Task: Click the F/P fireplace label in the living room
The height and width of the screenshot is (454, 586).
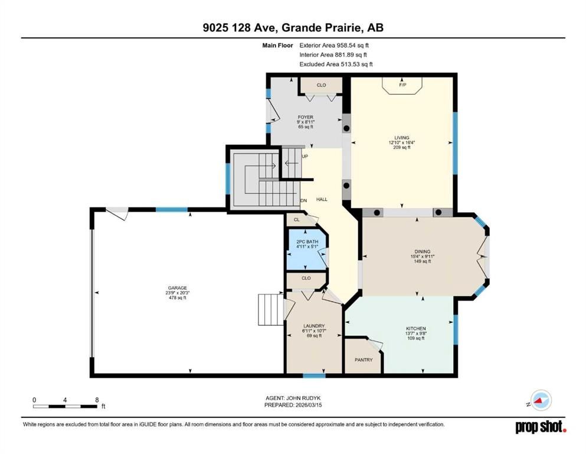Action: tap(403, 85)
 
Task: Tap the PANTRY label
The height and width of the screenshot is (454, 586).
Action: tap(364, 359)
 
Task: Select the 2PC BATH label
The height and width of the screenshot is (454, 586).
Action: tap(305, 242)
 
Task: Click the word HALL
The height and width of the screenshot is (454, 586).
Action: tap(322, 200)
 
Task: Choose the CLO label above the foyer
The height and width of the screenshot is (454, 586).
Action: tap(321, 85)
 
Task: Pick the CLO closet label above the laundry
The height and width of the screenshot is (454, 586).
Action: tap(306, 278)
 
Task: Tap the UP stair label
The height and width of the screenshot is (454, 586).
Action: tap(305, 156)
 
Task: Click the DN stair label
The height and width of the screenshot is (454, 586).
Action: tap(303, 200)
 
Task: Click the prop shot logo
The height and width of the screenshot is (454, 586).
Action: tap(541, 426)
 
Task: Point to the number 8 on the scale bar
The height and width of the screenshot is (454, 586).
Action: tap(96, 400)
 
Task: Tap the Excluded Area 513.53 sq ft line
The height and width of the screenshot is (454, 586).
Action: tap(336, 64)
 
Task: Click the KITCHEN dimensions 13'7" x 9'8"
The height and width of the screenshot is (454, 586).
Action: tap(415, 333)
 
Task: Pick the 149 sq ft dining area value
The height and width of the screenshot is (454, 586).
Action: tap(422, 261)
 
